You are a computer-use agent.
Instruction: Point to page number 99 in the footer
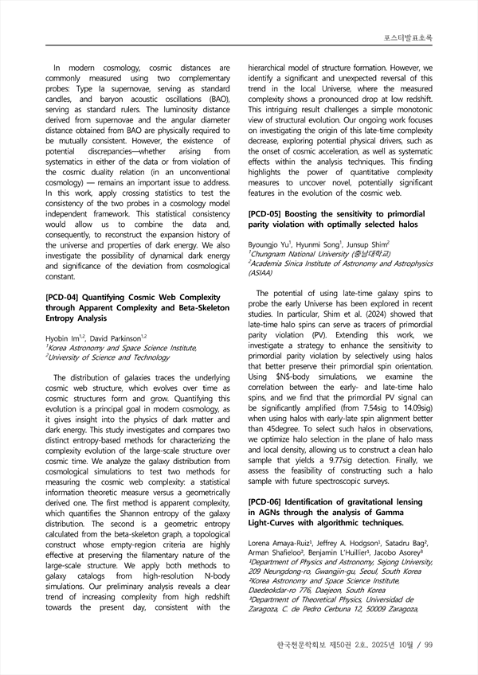(427, 644)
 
